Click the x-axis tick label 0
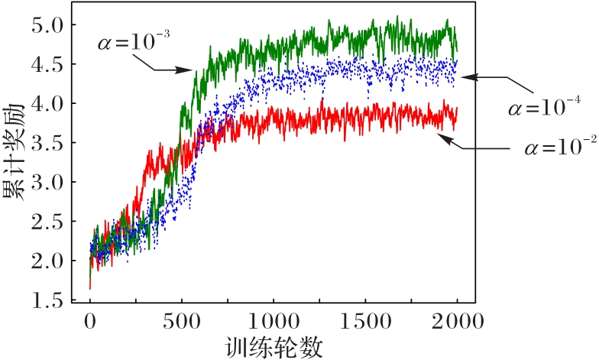(x=90, y=322)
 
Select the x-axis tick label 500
(x=182, y=322)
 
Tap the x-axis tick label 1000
(x=274, y=322)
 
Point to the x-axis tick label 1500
(x=365, y=322)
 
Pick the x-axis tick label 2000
(x=457, y=322)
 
